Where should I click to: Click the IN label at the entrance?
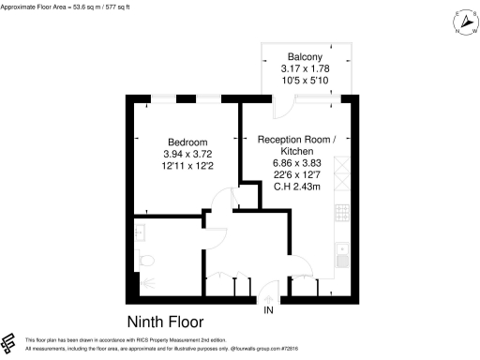pyautogui.click(x=269, y=310)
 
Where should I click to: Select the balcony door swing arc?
pyautogui.click(x=281, y=106)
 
